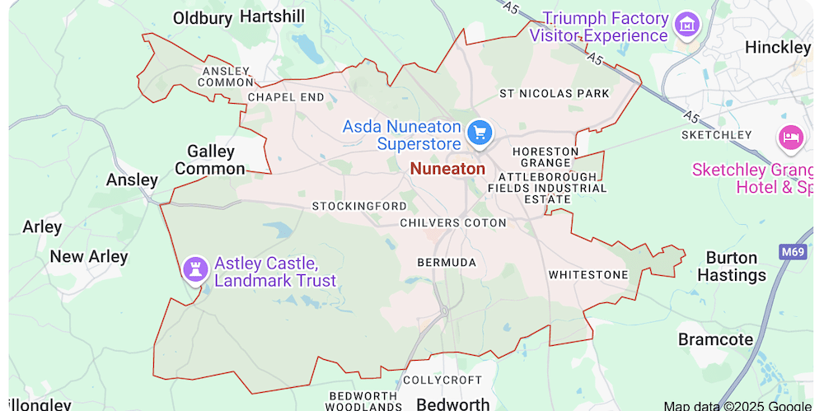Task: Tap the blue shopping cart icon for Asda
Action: tap(479, 132)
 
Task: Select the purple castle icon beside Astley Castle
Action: tap(195, 269)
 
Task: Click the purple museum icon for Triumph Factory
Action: tap(686, 24)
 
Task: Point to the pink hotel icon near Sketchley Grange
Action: tap(790, 137)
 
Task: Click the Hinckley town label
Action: tap(777, 48)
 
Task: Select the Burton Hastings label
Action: tap(731, 266)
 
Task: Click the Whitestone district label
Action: tap(588, 274)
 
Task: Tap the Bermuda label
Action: tap(447, 262)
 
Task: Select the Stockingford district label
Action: tap(359, 205)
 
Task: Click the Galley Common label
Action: tap(211, 160)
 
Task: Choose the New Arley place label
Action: tap(89, 256)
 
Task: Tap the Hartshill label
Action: tap(271, 16)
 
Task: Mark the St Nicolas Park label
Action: tap(554, 93)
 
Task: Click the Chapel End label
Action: tap(286, 97)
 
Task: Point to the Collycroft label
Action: tap(442, 380)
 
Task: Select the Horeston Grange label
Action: tap(545, 156)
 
